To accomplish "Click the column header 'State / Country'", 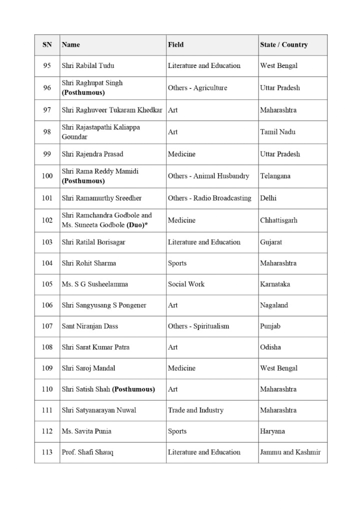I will click(283, 45).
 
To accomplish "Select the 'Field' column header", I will click(175, 45).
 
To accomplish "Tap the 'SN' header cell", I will click(47, 45).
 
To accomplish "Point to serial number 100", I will click(47, 176).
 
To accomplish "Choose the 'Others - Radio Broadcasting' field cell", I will click(209, 198).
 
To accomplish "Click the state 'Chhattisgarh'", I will click(278, 220).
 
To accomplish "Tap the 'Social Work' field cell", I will click(186, 284).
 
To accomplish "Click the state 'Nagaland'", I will click(274, 305).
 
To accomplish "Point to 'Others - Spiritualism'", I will click(198, 326).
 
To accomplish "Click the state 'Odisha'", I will click(270, 347).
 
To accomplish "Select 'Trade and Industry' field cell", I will click(195, 410).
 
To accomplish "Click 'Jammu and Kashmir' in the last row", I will click(290, 452).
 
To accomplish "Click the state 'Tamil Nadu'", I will click(277, 132).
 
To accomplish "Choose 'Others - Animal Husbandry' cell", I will click(208, 176).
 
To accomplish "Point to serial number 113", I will click(47, 452).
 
